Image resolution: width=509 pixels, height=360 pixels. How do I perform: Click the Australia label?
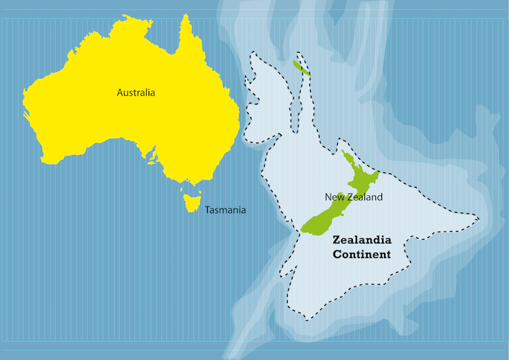[x=136, y=92]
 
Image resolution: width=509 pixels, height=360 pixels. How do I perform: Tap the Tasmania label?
[x=225, y=210]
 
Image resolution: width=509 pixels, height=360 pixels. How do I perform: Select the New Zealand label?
[x=354, y=197]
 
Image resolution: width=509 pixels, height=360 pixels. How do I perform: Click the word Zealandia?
[x=362, y=240]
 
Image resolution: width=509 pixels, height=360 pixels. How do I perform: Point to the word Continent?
[x=362, y=255]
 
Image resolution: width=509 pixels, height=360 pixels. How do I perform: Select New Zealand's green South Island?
[x=324, y=219]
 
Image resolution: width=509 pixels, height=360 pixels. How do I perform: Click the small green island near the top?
[x=301, y=68]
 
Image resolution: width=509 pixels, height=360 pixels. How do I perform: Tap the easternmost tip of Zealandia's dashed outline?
[x=479, y=219]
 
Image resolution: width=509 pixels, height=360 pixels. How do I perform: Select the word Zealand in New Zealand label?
[x=364, y=197]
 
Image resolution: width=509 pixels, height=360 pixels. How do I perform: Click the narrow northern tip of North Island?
[x=343, y=154]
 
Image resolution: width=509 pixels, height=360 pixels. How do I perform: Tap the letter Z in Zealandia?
[x=336, y=240]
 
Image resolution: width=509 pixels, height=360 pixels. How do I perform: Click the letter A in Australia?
[x=120, y=92]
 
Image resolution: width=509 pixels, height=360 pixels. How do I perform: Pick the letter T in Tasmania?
[x=207, y=210]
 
